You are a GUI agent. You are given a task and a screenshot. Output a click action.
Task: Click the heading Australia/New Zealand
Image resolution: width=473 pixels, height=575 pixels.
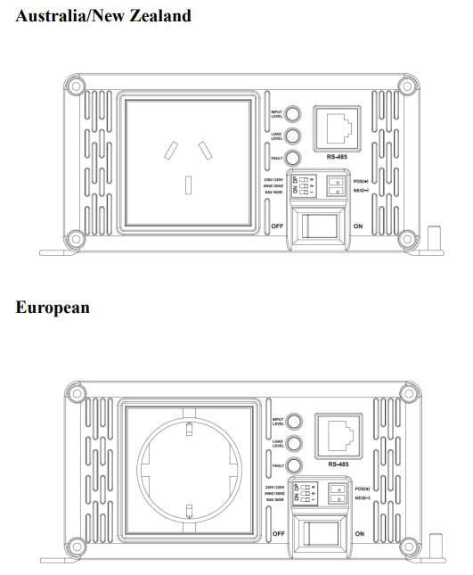click(103, 17)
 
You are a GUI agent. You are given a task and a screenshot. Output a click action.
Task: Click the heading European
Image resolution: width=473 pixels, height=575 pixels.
click(53, 308)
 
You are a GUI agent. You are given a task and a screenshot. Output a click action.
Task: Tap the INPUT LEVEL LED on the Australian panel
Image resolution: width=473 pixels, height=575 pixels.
click(292, 114)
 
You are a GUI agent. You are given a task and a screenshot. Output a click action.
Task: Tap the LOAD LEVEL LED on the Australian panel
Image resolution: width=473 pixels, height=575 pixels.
click(292, 136)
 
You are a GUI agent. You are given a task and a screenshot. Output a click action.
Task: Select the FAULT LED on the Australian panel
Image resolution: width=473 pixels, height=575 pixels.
click(292, 158)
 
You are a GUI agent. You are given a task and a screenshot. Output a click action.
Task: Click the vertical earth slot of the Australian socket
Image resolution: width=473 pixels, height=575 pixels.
click(189, 185)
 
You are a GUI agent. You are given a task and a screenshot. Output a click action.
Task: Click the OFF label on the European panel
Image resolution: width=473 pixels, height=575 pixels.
click(277, 533)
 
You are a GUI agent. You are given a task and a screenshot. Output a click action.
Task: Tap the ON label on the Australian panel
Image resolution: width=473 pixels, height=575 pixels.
click(358, 227)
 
